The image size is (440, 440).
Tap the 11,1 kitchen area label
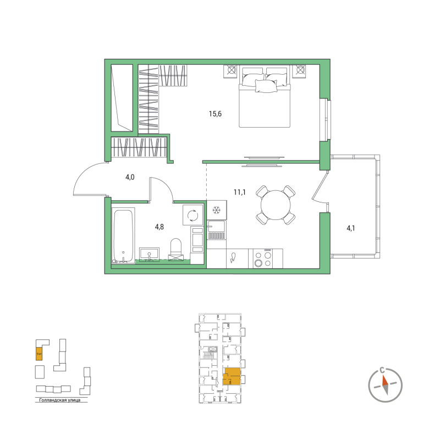[239, 192]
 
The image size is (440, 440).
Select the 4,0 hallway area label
[129, 177]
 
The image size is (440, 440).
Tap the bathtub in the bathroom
[123, 235]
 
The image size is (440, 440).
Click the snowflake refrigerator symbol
[217, 211]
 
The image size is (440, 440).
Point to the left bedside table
[230, 70]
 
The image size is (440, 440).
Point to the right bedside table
[301, 70]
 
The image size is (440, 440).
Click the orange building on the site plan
[39, 353]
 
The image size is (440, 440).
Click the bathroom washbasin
[149, 254]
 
